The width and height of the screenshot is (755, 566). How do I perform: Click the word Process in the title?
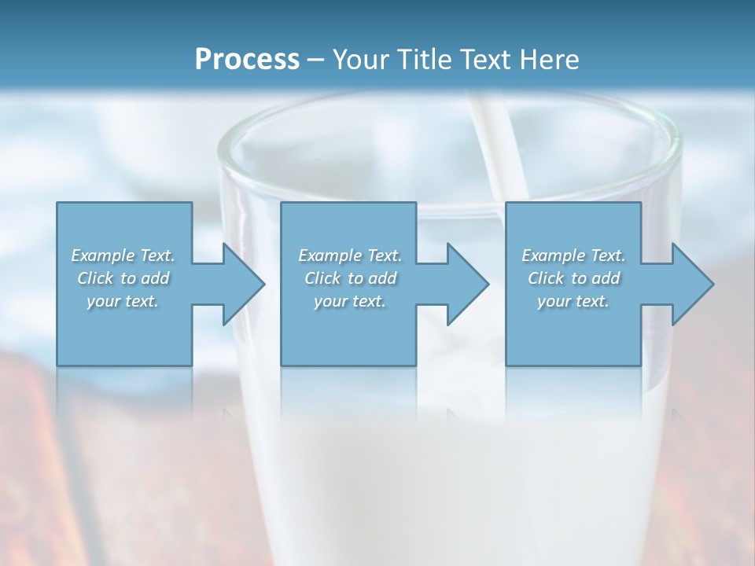pos(247,59)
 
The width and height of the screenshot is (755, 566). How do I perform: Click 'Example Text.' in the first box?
pos(123,255)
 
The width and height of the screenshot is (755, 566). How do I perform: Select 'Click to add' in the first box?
pos(123,278)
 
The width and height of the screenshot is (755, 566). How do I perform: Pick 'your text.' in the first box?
pos(123,301)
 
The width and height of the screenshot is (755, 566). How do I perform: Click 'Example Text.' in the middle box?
pos(350,255)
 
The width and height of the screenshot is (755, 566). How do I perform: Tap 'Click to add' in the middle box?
pos(350,278)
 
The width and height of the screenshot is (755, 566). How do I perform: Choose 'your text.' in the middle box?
pos(350,301)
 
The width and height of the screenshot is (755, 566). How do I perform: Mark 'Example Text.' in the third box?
pos(573,255)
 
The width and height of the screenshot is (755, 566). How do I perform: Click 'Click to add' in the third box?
pos(573,278)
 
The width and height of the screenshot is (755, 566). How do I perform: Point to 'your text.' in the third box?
pos(573,301)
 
